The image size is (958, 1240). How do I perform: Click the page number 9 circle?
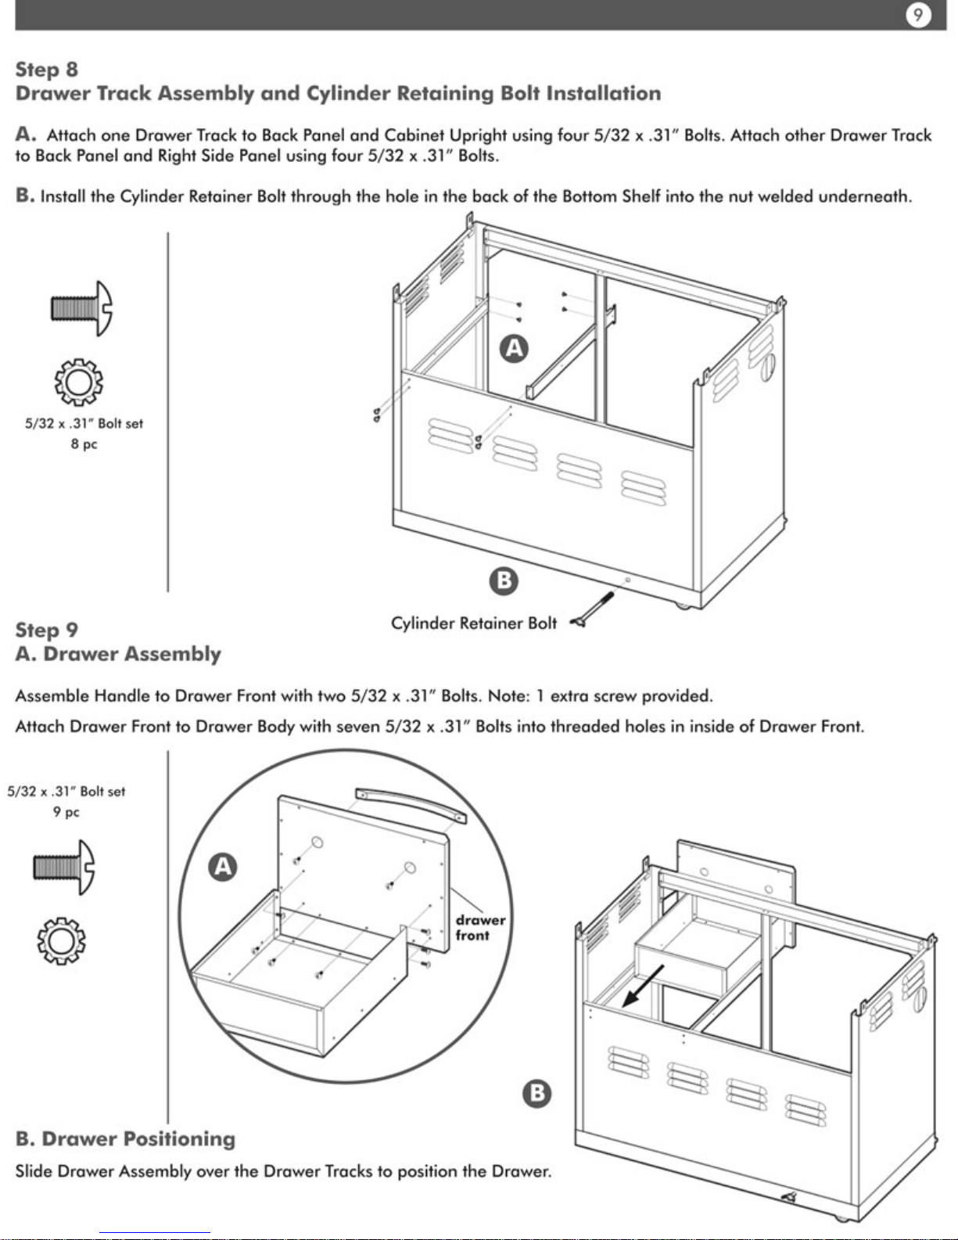[x=918, y=15]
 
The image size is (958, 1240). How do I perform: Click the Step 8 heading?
[x=47, y=70]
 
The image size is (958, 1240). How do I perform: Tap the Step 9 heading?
[x=47, y=630]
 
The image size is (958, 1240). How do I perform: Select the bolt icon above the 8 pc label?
[x=81, y=308]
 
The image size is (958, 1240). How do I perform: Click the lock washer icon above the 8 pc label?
[x=78, y=382]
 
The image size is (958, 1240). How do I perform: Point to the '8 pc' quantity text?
[x=84, y=444]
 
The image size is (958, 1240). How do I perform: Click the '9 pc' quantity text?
[x=66, y=812]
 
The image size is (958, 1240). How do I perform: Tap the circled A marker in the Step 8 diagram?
[x=514, y=348]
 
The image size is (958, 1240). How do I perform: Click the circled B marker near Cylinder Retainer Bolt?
[x=504, y=580]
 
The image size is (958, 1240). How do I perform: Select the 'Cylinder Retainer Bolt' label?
[x=474, y=624]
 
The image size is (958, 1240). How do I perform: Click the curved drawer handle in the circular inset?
[x=408, y=804]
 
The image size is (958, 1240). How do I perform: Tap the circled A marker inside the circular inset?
[x=223, y=867]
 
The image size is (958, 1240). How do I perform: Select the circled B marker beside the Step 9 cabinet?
[x=536, y=1093]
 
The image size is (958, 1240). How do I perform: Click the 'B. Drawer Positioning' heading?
[x=125, y=1139]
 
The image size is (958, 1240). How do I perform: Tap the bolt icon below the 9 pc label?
[x=64, y=868]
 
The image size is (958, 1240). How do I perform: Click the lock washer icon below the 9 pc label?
[x=61, y=940]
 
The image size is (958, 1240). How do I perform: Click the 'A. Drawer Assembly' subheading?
[x=118, y=654]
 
